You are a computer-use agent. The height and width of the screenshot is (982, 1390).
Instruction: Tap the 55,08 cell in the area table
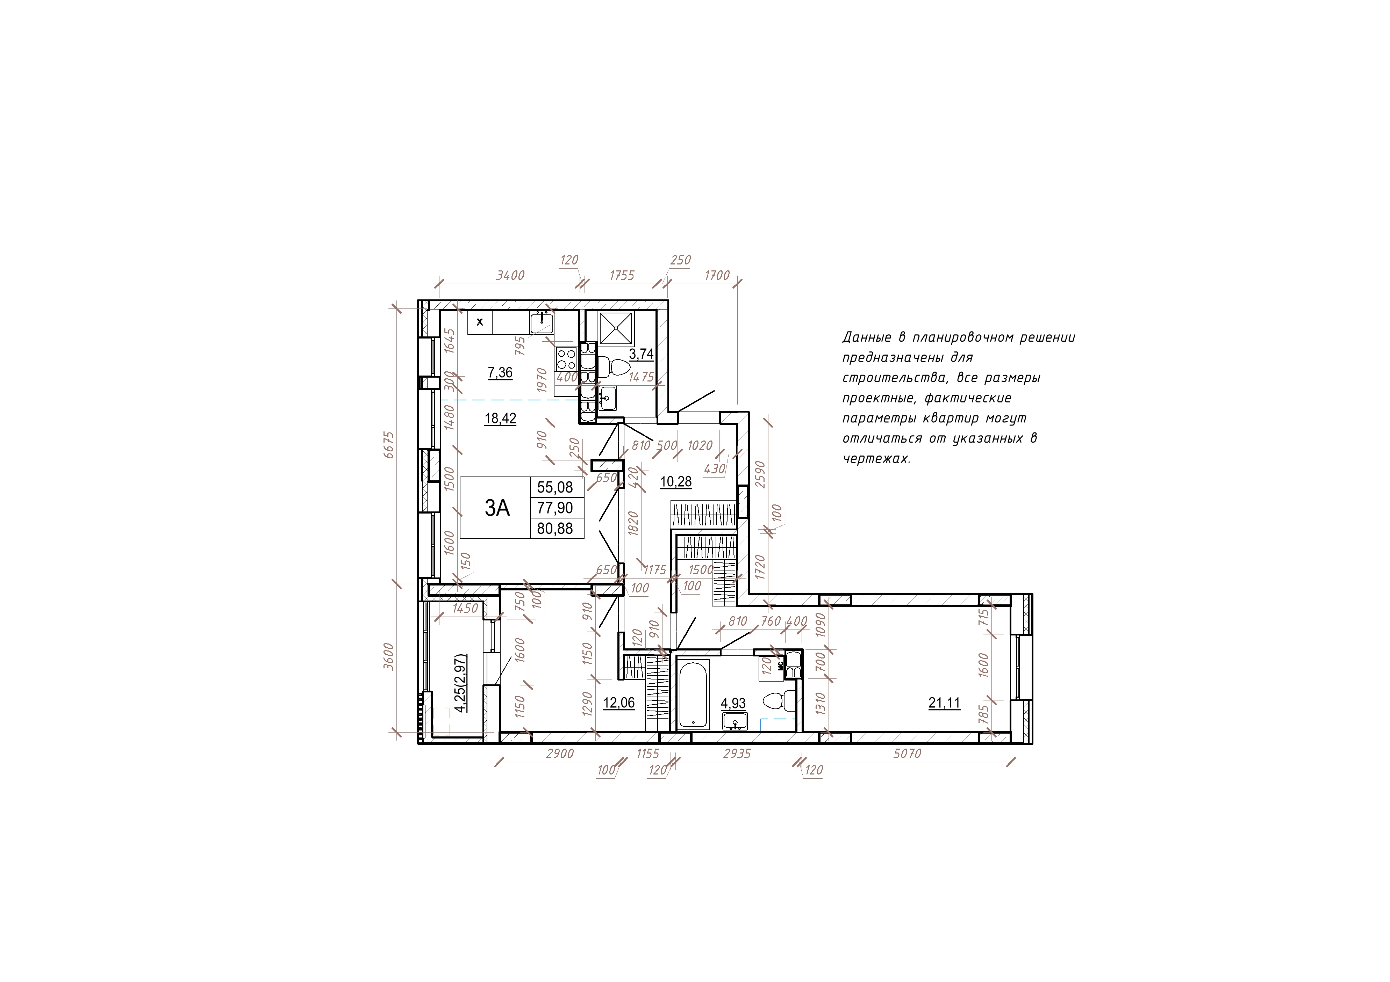pos(554,487)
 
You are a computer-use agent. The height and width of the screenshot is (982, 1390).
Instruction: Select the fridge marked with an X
pos(480,322)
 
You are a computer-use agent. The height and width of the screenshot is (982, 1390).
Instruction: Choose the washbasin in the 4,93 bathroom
pos(735,721)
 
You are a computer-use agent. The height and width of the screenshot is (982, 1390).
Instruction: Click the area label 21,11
pos(944,703)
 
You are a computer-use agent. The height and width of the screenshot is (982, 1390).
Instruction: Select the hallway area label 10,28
pos(676,482)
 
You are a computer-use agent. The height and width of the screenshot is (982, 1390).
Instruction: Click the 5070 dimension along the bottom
pos(907,753)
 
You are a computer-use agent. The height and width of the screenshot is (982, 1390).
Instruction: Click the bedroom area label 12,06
pos(619,703)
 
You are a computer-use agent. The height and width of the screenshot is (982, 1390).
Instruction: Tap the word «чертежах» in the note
pos(877,459)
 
